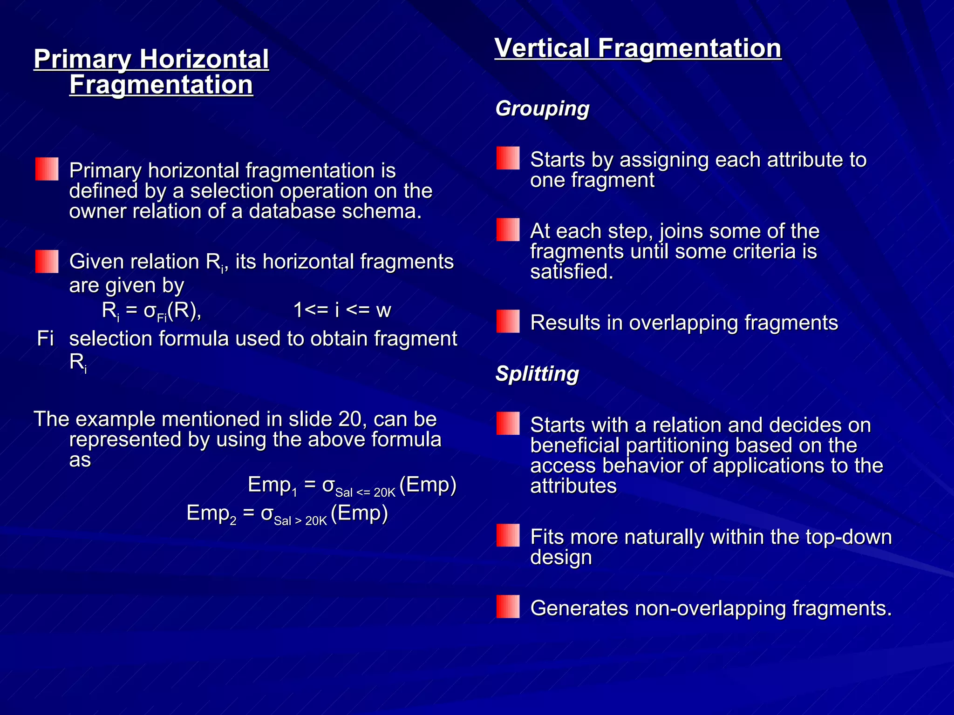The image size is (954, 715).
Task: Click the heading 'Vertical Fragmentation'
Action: pos(638,48)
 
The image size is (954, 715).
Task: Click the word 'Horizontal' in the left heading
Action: pos(204,60)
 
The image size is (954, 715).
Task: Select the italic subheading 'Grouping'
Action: pos(542,109)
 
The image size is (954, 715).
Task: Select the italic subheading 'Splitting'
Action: pos(537,374)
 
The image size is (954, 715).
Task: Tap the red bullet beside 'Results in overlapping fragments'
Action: pos(508,321)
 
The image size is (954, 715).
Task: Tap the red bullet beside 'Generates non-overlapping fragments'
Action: pos(508,607)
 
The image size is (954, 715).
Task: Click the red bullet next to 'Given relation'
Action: pos(47,261)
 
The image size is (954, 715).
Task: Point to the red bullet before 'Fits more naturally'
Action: pos(508,535)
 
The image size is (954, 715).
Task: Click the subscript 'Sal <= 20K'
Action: pos(365,492)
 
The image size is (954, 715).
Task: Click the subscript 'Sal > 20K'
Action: pos(300,521)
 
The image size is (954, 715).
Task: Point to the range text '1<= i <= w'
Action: pos(342,310)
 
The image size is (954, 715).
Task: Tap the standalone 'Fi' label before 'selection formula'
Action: pos(45,338)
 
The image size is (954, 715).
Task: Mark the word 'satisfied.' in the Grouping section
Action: pos(572,272)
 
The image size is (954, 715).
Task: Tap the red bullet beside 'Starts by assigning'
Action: pos(508,158)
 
